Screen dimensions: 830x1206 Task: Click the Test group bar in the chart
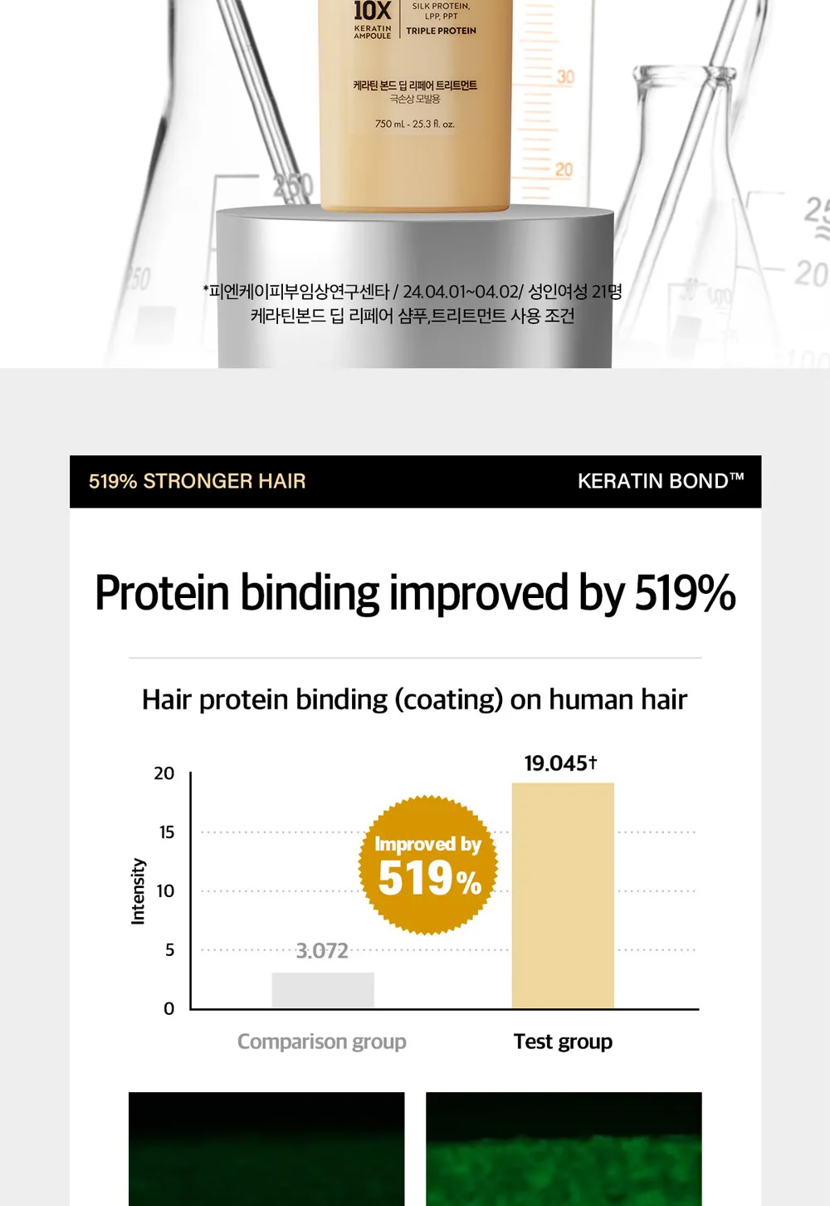tap(563, 895)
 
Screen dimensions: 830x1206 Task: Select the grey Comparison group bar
tap(323, 990)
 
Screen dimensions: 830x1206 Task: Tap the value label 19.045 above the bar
tap(560, 763)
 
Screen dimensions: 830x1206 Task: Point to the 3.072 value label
tap(322, 951)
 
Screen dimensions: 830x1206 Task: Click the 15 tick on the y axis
tap(167, 832)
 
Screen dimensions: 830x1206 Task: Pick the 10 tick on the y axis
tap(166, 891)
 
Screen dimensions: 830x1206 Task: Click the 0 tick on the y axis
tap(168, 1008)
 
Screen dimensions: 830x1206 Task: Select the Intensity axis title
tap(139, 891)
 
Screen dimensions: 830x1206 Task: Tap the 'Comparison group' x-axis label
tap(322, 1042)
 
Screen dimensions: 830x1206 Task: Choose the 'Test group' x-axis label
tap(563, 1042)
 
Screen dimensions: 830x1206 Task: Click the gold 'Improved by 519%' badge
tap(428, 865)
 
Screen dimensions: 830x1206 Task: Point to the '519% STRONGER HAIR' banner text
tap(197, 481)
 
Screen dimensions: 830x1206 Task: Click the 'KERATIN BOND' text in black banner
tap(661, 481)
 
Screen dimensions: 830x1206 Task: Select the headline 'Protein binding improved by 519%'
tap(415, 592)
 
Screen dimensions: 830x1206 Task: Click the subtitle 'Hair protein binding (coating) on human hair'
tap(415, 700)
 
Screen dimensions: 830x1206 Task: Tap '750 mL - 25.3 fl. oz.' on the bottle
tap(415, 124)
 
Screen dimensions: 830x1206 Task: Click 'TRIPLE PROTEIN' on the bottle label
tap(441, 31)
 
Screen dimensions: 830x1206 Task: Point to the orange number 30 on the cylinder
tap(565, 77)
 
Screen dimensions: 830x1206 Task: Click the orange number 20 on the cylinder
tap(564, 170)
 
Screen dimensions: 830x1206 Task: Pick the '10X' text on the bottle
tap(372, 10)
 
